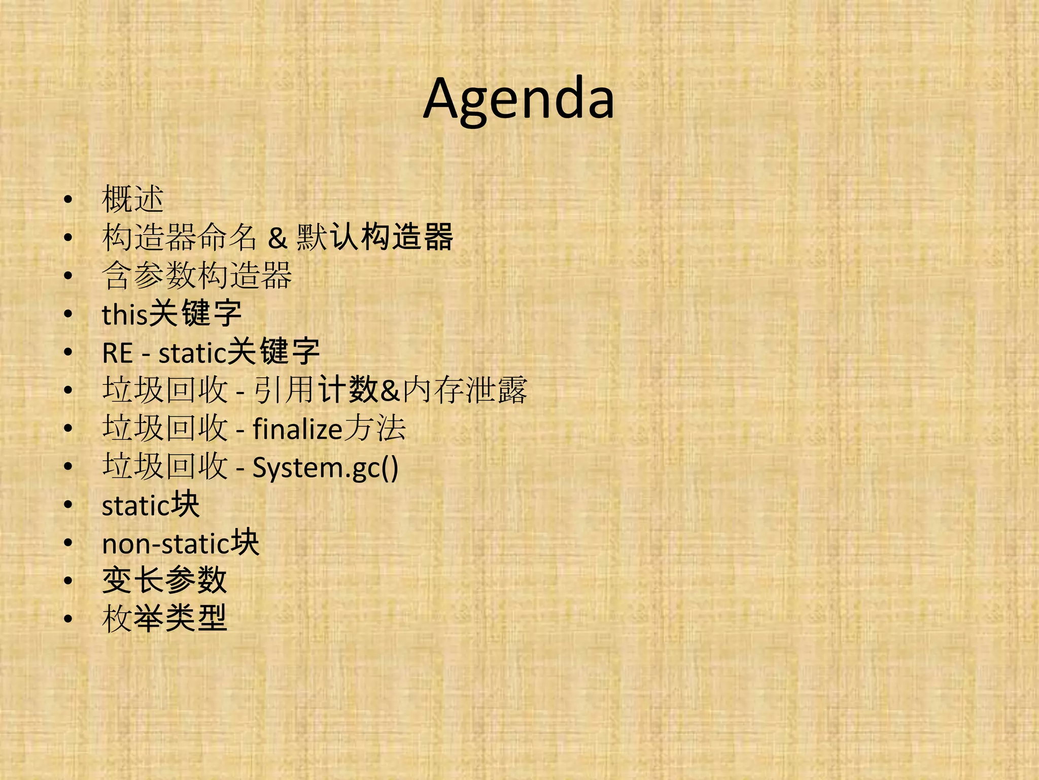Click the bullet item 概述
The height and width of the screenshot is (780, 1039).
(x=132, y=199)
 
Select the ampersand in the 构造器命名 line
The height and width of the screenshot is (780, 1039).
(x=278, y=237)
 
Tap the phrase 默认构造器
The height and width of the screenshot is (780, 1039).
(x=374, y=237)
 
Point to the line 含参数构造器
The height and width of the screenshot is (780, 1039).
(x=197, y=275)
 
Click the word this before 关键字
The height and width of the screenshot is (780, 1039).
(x=125, y=314)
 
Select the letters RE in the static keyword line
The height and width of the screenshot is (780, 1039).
(x=117, y=352)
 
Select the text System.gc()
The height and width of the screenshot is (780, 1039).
(x=325, y=467)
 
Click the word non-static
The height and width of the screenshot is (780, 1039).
(x=166, y=543)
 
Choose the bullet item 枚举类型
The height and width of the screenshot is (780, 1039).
(x=164, y=619)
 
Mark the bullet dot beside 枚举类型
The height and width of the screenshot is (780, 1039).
(x=68, y=620)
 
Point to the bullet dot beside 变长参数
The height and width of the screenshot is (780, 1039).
(x=68, y=581)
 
